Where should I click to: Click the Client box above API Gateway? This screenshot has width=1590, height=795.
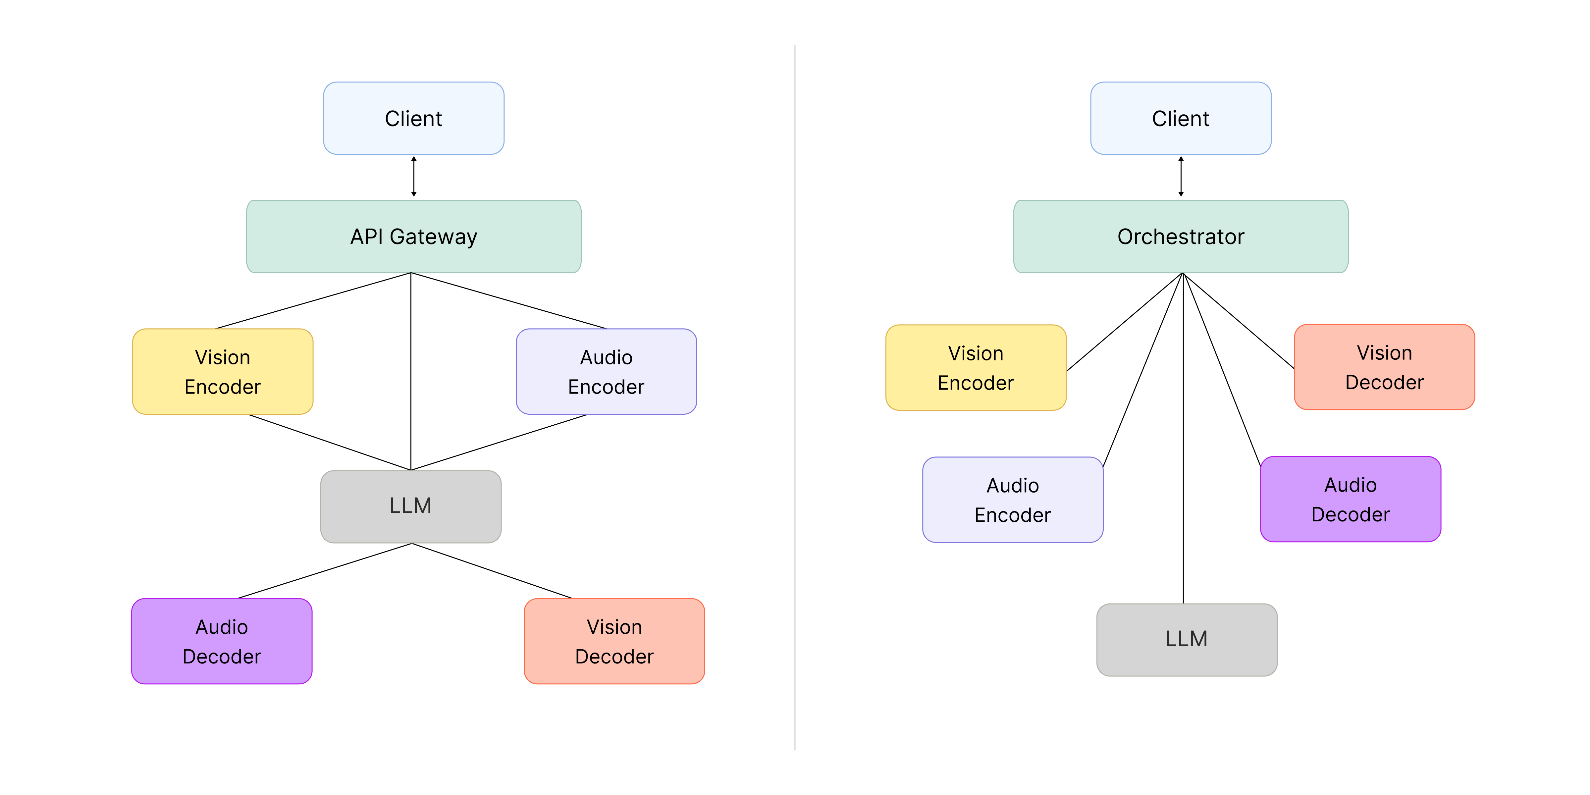click(x=413, y=118)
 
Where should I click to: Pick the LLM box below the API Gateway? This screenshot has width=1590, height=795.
click(x=410, y=506)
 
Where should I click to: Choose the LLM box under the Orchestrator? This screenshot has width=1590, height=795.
click(x=1186, y=639)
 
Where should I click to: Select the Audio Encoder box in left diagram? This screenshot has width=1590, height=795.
click(x=606, y=372)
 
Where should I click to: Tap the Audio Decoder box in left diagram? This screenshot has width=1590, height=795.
click(x=222, y=641)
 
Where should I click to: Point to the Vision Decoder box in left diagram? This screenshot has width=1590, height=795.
click(x=614, y=641)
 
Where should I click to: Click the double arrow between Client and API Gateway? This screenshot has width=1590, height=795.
click(x=413, y=177)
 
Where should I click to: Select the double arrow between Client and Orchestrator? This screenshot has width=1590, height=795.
click(x=1181, y=177)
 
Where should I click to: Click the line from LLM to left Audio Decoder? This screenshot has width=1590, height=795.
click(x=324, y=571)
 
